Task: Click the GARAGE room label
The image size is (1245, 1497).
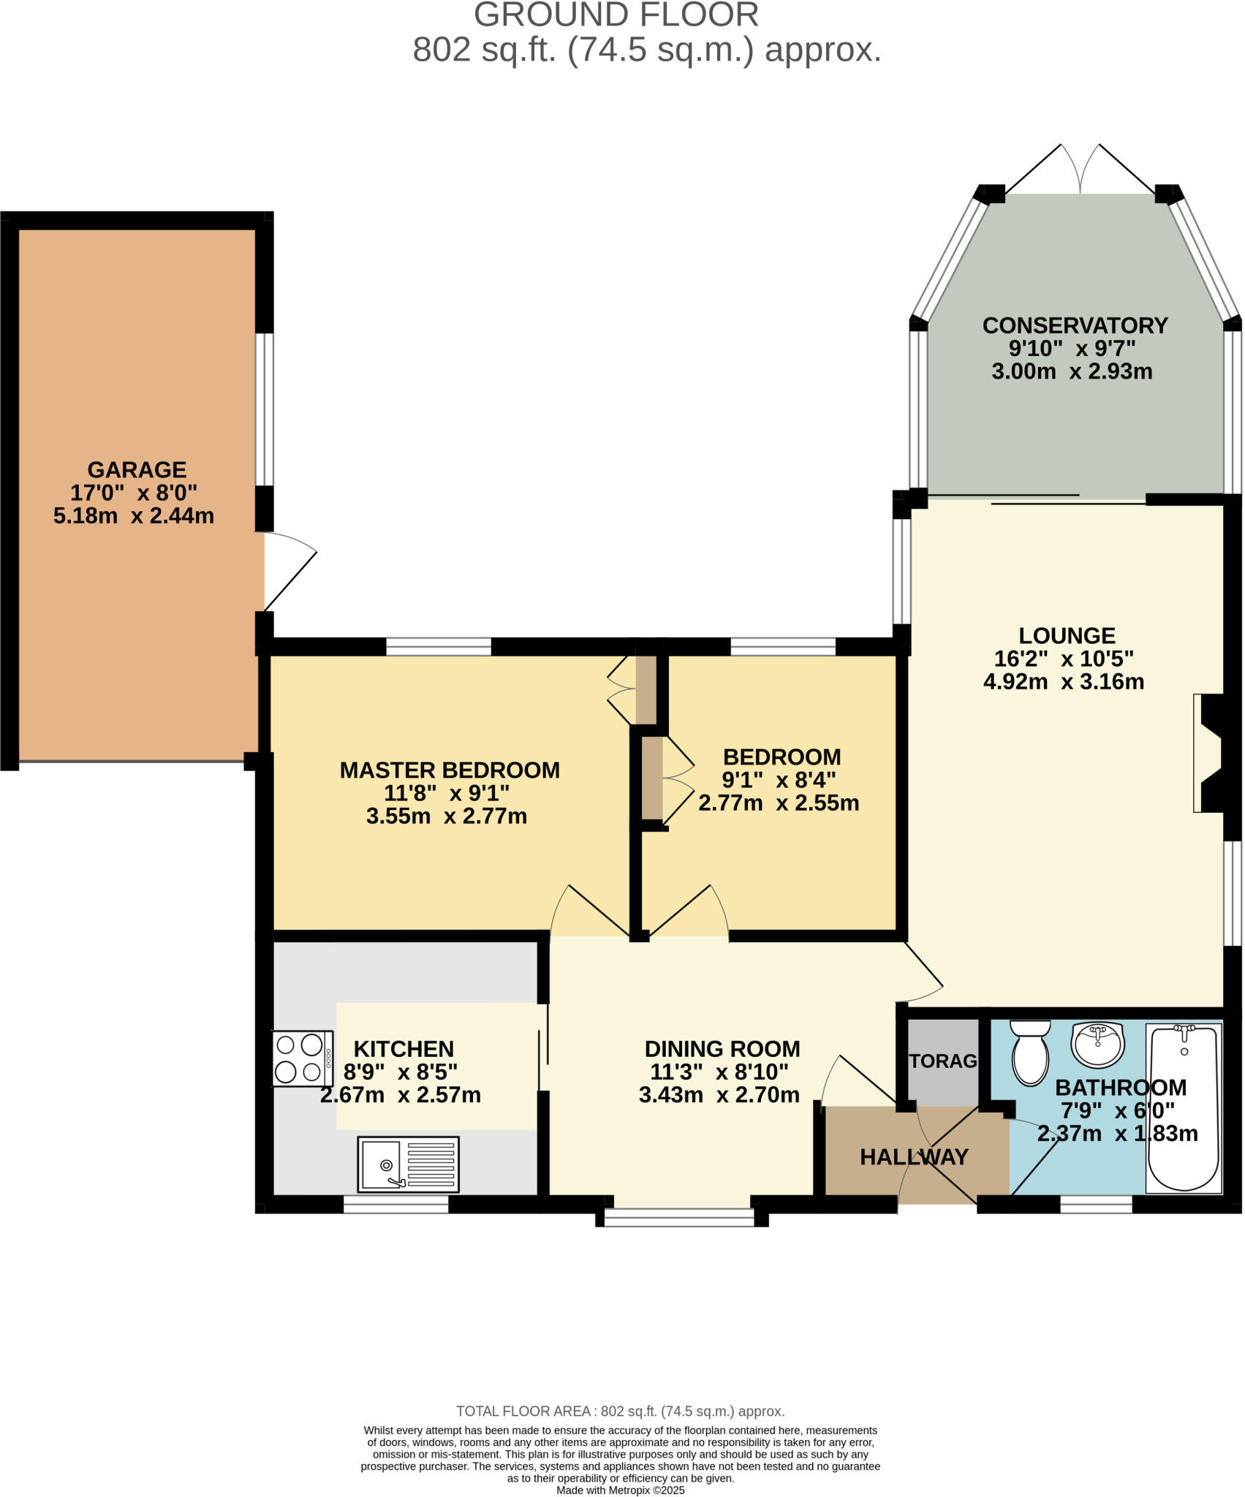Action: (137, 469)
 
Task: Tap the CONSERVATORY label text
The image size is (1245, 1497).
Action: (1074, 325)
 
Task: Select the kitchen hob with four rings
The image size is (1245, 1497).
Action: (303, 1058)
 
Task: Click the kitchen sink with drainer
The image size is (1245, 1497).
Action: (408, 1164)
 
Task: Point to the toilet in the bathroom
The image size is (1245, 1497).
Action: (1030, 1051)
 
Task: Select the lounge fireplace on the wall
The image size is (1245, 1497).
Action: (1210, 753)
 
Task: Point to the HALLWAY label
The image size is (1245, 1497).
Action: (914, 1157)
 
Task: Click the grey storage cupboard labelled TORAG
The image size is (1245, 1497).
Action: (942, 1061)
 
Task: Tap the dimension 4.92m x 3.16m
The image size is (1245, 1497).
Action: (1064, 681)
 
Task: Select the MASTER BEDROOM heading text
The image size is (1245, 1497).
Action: (450, 770)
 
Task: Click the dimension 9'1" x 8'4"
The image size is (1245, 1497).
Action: (779, 780)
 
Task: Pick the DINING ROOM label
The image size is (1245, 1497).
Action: (722, 1049)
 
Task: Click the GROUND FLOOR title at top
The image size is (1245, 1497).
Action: (616, 15)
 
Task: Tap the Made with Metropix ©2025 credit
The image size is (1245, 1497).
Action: (621, 1490)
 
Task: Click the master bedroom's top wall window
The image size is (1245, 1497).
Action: (439, 646)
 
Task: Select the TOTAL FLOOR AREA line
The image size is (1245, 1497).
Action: (620, 1411)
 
